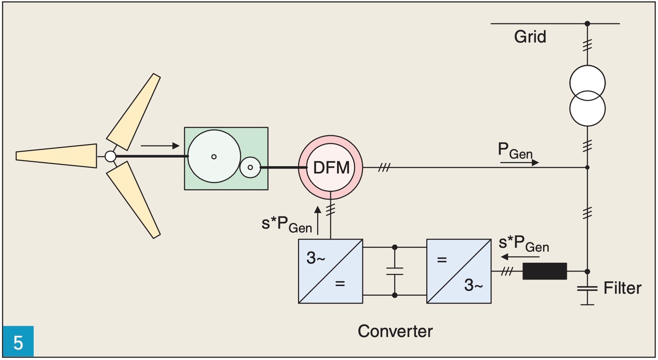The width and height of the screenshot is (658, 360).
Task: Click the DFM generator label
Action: click(331, 168)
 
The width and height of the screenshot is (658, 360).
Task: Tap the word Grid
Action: click(530, 37)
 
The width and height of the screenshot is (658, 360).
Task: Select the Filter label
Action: click(622, 288)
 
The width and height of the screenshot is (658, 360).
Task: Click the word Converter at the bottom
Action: click(395, 331)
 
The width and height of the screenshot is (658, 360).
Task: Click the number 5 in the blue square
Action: click(18, 342)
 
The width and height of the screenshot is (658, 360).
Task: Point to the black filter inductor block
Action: click(544, 271)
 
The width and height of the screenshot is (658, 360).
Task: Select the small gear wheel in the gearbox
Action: click(250, 167)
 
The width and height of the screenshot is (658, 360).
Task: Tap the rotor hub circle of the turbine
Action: click(110, 156)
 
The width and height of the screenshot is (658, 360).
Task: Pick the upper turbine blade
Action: click(134, 111)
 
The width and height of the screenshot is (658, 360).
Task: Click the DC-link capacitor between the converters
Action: click(394, 271)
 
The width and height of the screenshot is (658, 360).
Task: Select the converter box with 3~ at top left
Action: click(330, 271)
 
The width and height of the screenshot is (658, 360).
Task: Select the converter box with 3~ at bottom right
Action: click(458, 271)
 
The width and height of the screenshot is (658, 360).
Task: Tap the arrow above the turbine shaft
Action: click(160, 146)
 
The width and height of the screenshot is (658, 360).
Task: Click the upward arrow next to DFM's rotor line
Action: click(318, 220)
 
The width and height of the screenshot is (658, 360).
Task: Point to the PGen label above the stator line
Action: click(515, 151)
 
